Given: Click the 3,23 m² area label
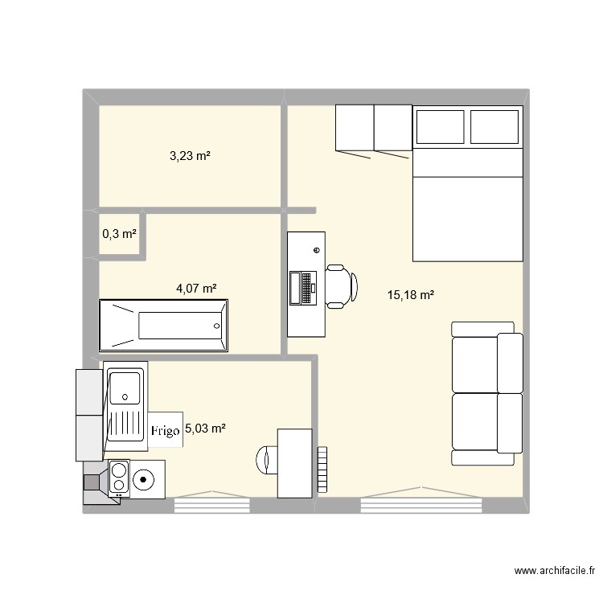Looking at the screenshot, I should pyautogui.click(x=190, y=156).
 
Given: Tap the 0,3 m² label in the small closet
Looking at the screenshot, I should pyautogui.click(x=119, y=234).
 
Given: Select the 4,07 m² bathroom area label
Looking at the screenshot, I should pyautogui.click(x=197, y=288).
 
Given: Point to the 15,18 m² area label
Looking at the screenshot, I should pyautogui.click(x=410, y=295).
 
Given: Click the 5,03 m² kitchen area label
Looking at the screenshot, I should pyautogui.click(x=205, y=429).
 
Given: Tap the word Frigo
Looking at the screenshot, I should pyautogui.click(x=166, y=431).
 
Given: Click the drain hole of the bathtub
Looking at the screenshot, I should pyautogui.click(x=215, y=326).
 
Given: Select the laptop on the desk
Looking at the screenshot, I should pyautogui.click(x=304, y=288).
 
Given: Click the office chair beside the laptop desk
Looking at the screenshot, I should pyautogui.click(x=341, y=286).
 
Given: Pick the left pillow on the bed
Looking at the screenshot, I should pyautogui.click(x=440, y=126).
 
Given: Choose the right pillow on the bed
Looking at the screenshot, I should pyautogui.click(x=494, y=126).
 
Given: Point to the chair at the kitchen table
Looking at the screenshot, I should pyautogui.click(x=266, y=459).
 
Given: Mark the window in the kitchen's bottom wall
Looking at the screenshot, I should pyautogui.click(x=212, y=503).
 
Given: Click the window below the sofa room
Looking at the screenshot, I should pyautogui.click(x=421, y=503).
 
